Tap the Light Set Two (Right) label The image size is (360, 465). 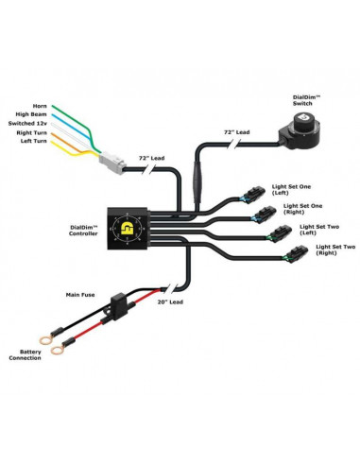coord(321,251)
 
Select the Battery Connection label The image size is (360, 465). coord(26,356)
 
